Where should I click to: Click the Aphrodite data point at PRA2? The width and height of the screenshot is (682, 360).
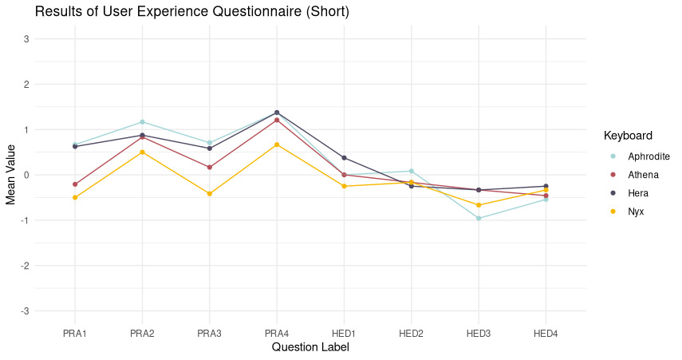click(142, 122)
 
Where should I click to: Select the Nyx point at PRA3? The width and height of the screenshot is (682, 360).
click(210, 194)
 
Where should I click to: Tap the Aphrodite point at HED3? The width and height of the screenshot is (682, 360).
click(479, 218)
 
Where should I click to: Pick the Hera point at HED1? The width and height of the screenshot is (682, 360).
click(344, 158)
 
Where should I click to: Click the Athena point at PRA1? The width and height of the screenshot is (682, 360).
click(75, 184)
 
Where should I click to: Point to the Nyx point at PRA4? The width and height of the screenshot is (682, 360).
click(277, 144)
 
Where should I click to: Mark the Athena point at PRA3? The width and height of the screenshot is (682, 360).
click(210, 168)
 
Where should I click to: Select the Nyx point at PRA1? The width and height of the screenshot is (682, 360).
click(75, 197)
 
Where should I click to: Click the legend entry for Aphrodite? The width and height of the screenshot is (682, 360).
click(648, 156)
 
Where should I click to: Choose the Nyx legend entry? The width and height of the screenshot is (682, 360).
click(636, 212)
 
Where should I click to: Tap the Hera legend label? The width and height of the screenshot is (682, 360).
click(638, 193)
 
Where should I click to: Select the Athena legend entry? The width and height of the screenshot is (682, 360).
click(643, 174)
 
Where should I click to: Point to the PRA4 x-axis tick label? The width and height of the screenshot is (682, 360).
click(277, 333)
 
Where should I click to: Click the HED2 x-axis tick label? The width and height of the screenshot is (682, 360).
click(412, 333)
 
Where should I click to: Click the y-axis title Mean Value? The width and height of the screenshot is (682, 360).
click(11, 175)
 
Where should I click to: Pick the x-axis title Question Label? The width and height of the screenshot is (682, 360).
click(310, 347)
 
